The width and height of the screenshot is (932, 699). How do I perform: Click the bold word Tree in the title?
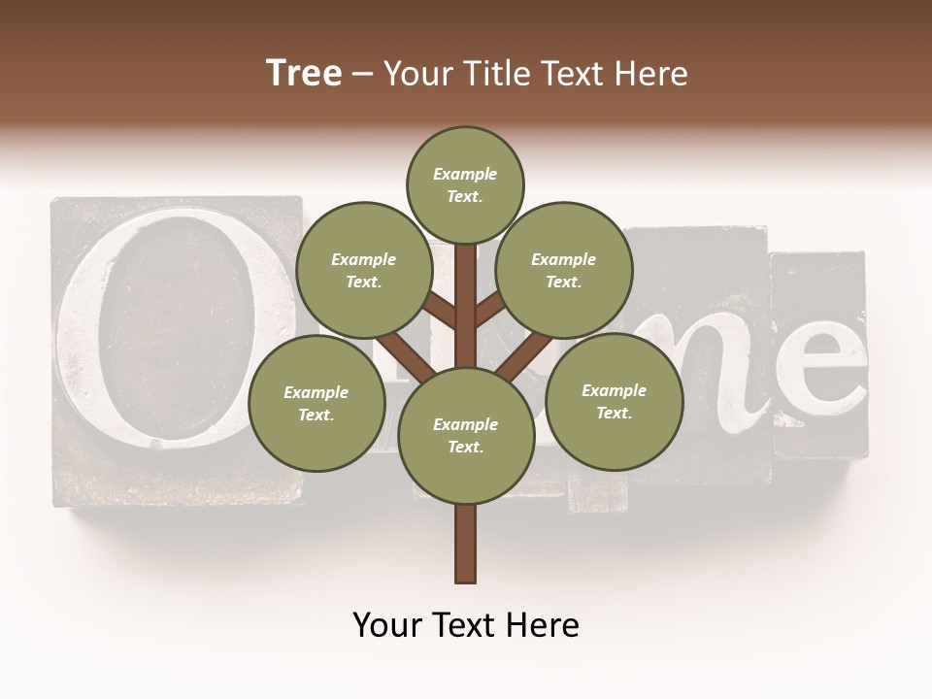[x=304, y=74]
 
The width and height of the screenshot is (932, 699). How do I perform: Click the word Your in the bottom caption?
[x=388, y=625]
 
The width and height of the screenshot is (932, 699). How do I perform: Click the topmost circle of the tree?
[x=465, y=184]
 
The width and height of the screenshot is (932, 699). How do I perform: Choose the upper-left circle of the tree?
[x=363, y=270]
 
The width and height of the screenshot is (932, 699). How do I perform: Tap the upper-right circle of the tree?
[x=563, y=270]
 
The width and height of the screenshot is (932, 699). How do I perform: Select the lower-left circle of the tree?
[x=316, y=403]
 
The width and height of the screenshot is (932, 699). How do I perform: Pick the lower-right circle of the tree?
[x=614, y=401]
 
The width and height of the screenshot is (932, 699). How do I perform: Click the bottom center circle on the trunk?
[x=465, y=435]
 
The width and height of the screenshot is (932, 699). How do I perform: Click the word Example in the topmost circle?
[x=465, y=174]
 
